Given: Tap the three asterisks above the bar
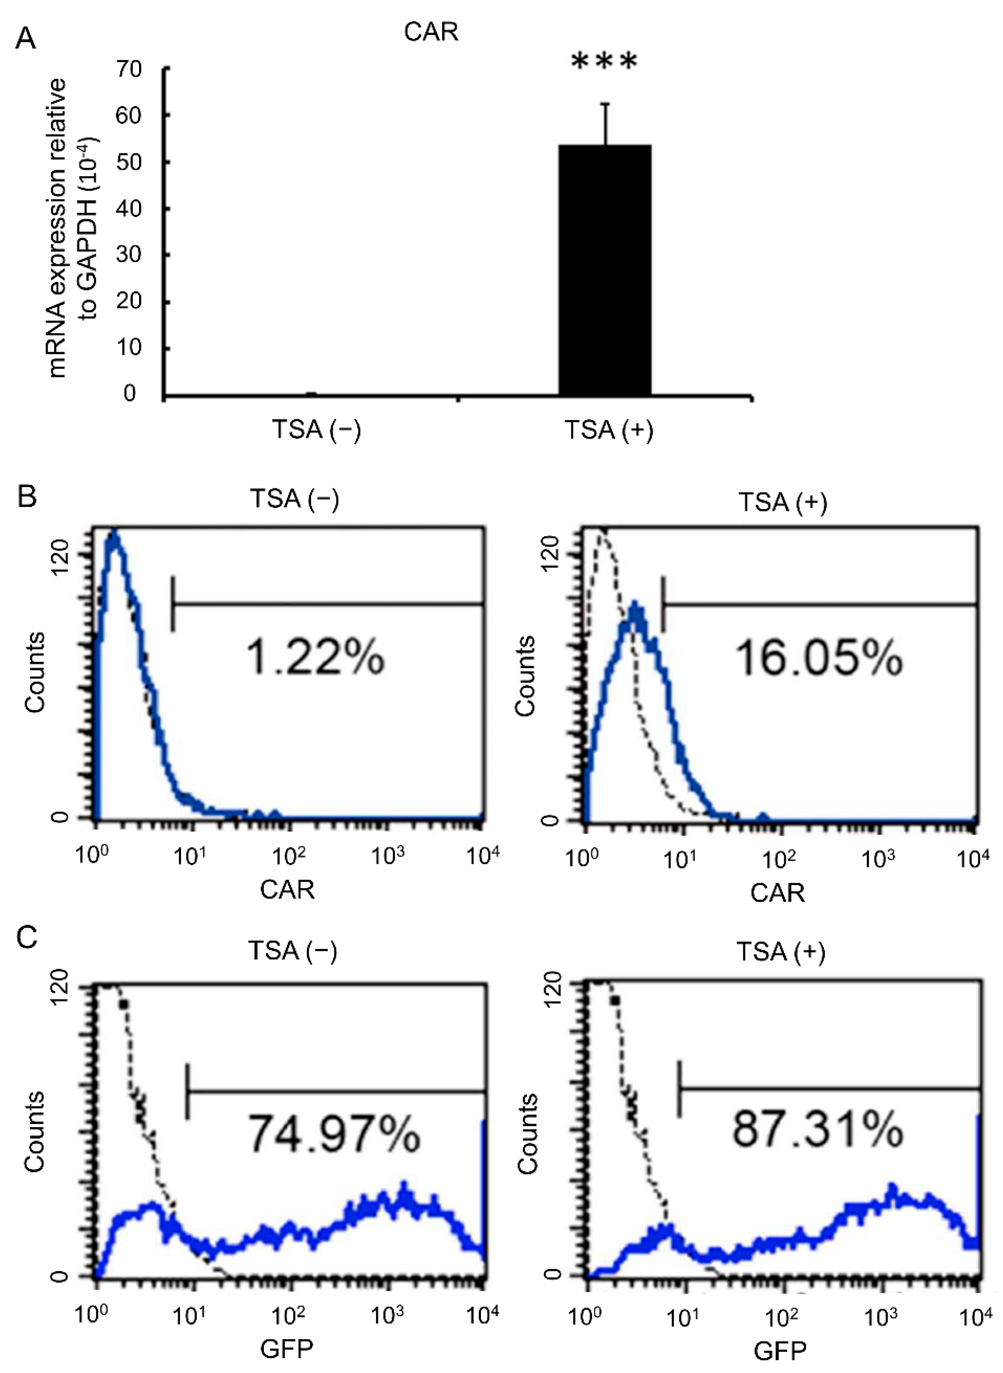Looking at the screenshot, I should tap(605, 62).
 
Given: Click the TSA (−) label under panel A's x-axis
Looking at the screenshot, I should tap(316, 430).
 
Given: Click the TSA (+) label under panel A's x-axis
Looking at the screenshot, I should tap(609, 430).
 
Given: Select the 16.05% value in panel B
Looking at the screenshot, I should tap(819, 659).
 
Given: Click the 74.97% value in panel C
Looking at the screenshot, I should tap(334, 1134).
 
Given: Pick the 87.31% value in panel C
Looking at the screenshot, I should tap(817, 1129).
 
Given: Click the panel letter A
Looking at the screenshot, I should tap(25, 40).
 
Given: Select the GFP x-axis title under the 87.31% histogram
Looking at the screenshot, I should tap(780, 1351).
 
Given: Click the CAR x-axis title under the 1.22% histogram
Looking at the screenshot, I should tap(287, 890).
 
